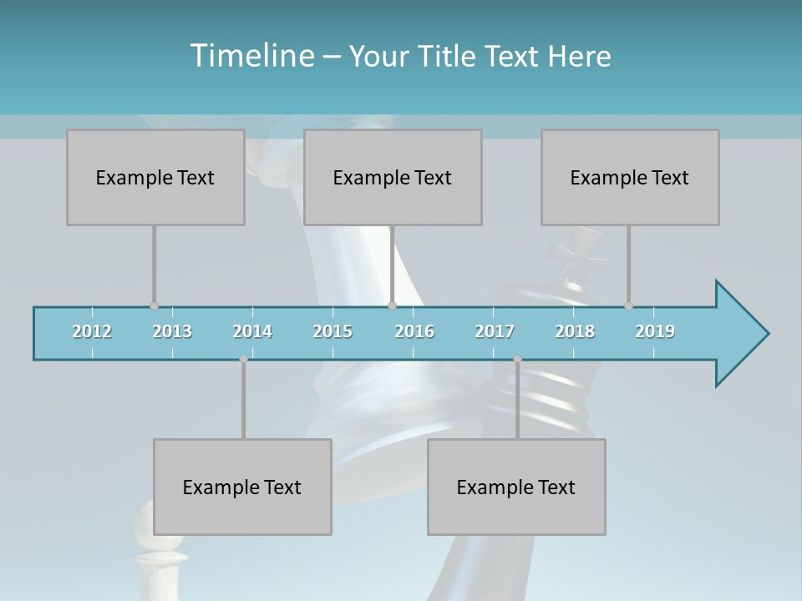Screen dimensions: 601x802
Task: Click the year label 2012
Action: coord(92,331)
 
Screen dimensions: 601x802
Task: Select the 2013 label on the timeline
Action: coord(172,331)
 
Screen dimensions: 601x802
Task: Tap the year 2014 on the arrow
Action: coord(252,331)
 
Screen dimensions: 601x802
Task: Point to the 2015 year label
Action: coord(332,331)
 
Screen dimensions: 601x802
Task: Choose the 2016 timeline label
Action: coord(414,331)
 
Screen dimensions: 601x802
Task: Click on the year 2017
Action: coord(495,331)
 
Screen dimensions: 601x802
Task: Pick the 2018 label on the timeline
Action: coord(575,331)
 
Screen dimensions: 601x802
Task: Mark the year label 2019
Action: coord(655,331)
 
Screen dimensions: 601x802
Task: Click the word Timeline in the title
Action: coord(251,56)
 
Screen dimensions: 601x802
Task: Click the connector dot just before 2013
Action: coord(154,306)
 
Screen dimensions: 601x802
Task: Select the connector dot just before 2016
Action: coord(392,306)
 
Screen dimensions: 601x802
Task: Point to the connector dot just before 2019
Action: coord(628,306)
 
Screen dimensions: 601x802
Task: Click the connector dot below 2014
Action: coord(243,359)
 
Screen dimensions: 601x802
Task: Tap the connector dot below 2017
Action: coord(517,359)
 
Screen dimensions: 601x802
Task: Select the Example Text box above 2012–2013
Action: coord(155,177)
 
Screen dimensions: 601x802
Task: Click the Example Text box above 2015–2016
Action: coord(393,177)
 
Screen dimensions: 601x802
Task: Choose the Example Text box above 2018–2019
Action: coord(630,177)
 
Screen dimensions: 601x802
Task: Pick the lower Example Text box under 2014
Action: coord(242,487)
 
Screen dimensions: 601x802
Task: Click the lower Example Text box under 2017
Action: coord(516,487)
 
